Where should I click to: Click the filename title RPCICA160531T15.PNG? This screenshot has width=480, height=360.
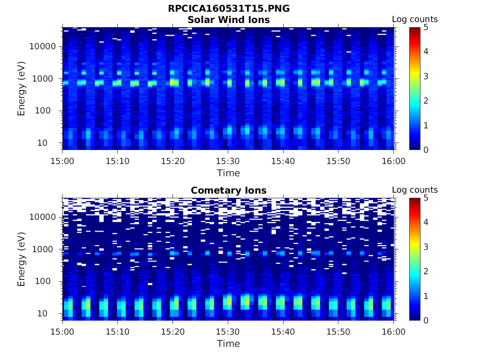click(228, 9)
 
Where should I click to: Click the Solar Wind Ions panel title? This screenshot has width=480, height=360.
click(228, 20)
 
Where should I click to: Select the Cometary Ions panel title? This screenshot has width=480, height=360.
click(228, 190)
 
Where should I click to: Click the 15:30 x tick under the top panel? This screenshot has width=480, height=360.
click(228, 161)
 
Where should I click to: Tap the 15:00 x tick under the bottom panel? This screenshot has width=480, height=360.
click(63, 331)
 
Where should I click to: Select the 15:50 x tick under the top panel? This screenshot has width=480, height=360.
click(338, 161)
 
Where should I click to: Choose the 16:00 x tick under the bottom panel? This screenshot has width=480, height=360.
click(394, 331)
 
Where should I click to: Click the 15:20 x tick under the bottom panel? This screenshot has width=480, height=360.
click(173, 331)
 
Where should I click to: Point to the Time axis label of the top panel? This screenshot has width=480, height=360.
click(228, 173)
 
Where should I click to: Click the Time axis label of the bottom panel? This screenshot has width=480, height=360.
click(228, 344)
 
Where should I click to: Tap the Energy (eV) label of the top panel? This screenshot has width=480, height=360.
click(22, 89)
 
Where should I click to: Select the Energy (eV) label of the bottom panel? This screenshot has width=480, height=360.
click(22, 259)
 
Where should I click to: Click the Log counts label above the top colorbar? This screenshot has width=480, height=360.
click(415, 19)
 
